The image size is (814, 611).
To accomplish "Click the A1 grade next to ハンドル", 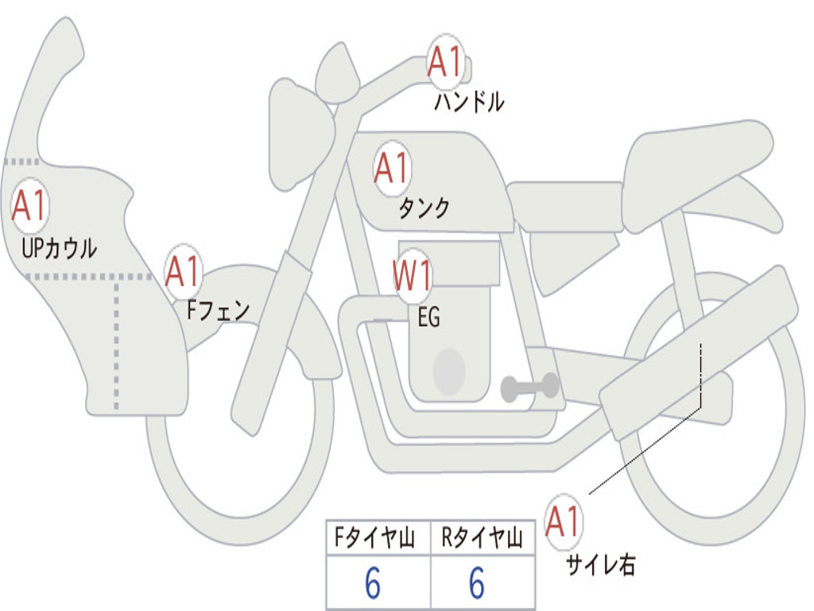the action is click(446, 61).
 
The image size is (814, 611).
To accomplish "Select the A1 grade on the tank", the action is click(392, 169).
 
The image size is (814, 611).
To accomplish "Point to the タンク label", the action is click(424, 208).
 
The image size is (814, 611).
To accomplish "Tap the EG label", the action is click(428, 317).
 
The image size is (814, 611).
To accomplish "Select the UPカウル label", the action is click(60, 248).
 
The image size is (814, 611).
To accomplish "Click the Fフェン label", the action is click(219, 309).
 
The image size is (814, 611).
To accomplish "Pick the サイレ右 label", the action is click(600, 565).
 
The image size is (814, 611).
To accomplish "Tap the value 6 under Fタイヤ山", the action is click(373, 585).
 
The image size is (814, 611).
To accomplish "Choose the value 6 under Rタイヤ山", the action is click(477, 585).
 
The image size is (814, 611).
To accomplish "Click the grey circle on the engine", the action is click(449, 372).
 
